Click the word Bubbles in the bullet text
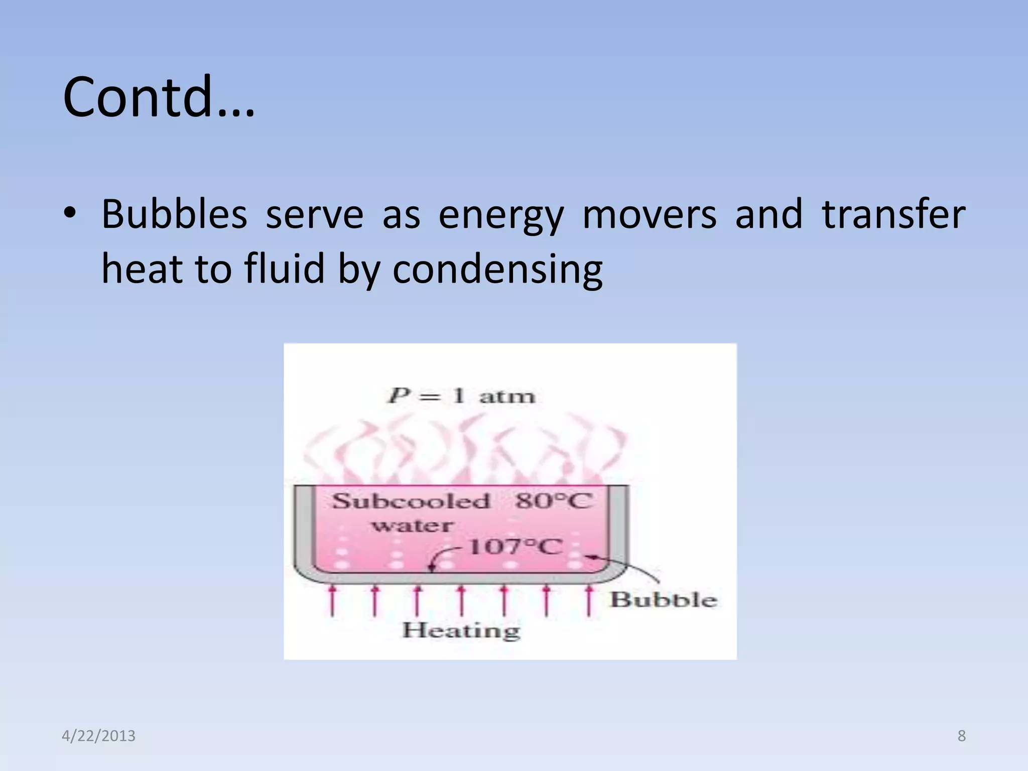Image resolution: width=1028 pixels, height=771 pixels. pos(174,214)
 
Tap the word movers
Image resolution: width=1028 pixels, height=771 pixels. pos(649,214)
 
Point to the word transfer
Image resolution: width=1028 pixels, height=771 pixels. pos(893,214)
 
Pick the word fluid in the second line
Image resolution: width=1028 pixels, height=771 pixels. pos(285,269)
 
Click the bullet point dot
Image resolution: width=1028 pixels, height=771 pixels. pos(70,213)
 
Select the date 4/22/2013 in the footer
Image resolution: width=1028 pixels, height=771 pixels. pos(98,736)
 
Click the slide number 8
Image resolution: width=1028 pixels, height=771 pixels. pos(961,736)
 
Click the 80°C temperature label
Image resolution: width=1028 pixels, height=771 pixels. pos(553,501)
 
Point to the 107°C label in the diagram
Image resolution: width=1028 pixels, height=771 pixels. pos(515,547)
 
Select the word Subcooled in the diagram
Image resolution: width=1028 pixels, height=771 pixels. pos(411,501)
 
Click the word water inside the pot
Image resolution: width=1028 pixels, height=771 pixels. pos(413,526)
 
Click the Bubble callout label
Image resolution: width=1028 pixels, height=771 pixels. pos(664,600)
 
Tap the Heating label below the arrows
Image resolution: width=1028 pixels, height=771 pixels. pos(461,630)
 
